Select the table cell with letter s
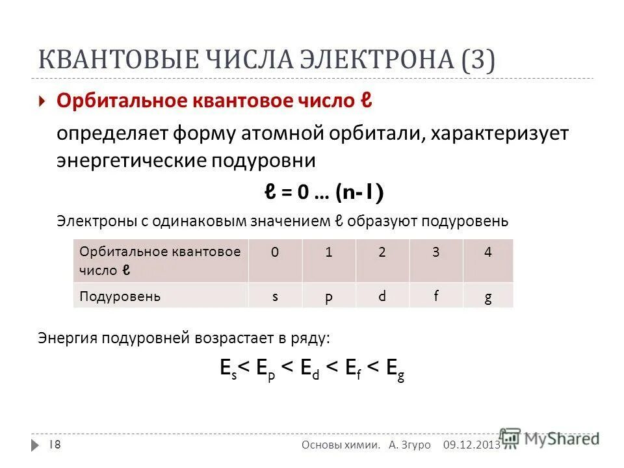tap(276, 296)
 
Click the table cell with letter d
tap(382, 296)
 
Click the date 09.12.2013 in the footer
tap(471, 445)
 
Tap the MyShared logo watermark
tap(550, 439)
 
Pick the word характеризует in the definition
tap(499, 133)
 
